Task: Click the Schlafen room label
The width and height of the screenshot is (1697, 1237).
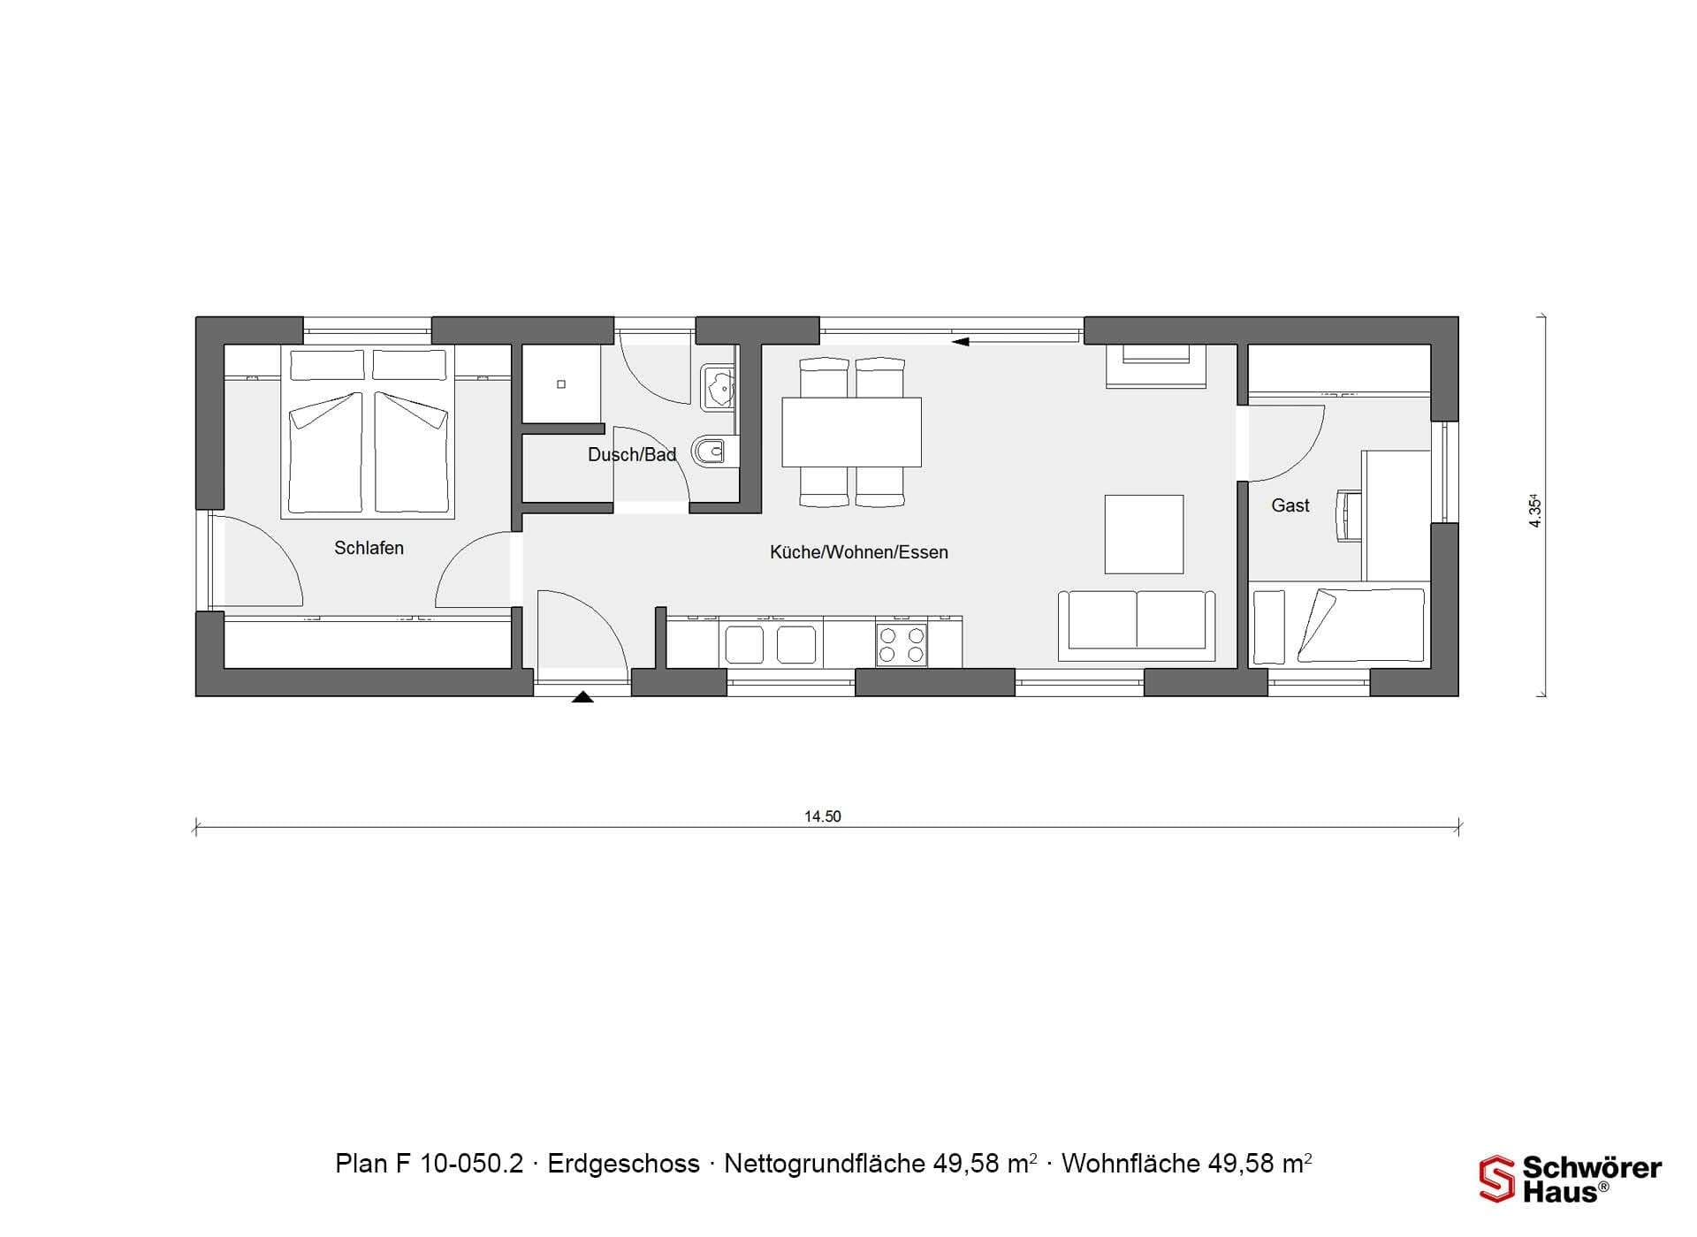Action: [x=369, y=548]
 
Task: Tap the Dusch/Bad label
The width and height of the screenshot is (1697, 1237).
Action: [x=632, y=455]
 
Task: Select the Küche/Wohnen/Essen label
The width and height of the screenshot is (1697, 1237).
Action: [x=859, y=552]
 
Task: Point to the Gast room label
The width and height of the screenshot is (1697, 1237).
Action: [x=1290, y=505]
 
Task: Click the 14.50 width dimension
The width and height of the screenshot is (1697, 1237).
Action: [x=823, y=816]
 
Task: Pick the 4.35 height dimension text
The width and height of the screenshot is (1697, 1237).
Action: [x=1535, y=512]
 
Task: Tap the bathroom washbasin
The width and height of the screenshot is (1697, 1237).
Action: [x=718, y=387]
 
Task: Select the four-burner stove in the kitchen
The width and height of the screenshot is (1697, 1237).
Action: [x=902, y=645]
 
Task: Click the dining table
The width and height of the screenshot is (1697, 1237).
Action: [x=852, y=432]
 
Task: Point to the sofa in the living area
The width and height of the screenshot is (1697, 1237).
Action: [x=1137, y=626]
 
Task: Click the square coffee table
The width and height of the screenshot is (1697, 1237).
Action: [x=1144, y=534]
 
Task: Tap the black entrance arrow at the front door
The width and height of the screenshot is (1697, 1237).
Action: [x=582, y=697]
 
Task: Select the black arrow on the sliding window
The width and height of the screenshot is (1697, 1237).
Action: [x=961, y=341]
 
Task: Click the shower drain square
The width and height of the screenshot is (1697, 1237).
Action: [x=561, y=384]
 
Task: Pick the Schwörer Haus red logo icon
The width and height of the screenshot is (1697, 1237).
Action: [x=1497, y=1179]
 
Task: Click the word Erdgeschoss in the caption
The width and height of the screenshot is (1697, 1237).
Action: [x=624, y=1164]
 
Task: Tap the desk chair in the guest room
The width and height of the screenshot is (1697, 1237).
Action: [x=1347, y=515]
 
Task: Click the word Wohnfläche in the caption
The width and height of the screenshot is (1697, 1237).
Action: [x=1130, y=1164]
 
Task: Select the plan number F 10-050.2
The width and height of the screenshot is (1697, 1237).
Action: [x=467, y=1164]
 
